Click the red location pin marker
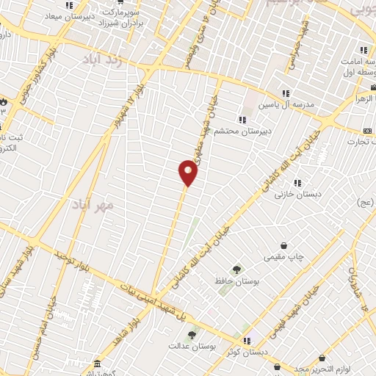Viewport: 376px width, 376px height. click(188, 173)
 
